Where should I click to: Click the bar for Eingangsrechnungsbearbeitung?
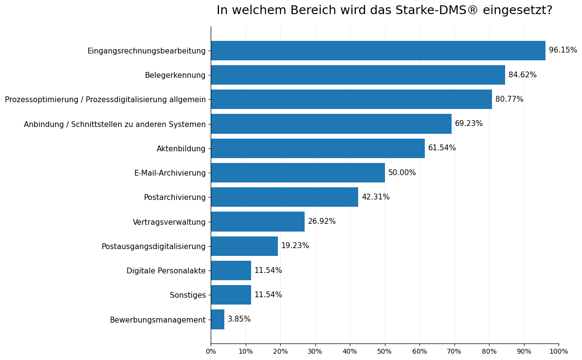[x=378, y=51]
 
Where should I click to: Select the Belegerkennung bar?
[x=358, y=75]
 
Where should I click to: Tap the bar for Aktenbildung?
[x=317, y=148]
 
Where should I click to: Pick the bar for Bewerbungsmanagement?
[x=218, y=320]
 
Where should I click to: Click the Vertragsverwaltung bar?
[x=257, y=222]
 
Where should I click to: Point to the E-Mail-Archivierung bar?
[x=297, y=173]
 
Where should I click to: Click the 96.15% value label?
[x=563, y=50]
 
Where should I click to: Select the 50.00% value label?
[x=402, y=173]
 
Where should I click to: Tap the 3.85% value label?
[x=239, y=319]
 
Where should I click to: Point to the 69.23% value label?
[x=469, y=124]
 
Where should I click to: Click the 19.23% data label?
[x=295, y=246]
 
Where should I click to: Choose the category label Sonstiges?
[x=187, y=295]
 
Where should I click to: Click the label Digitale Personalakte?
[x=166, y=270]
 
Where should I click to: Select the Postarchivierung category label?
[x=175, y=198]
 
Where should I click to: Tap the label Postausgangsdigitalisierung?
[x=153, y=247]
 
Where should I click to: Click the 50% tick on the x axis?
[x=384, y=351]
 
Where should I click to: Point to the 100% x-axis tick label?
[x=558, y=351]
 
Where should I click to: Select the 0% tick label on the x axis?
[x=211, y=351]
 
